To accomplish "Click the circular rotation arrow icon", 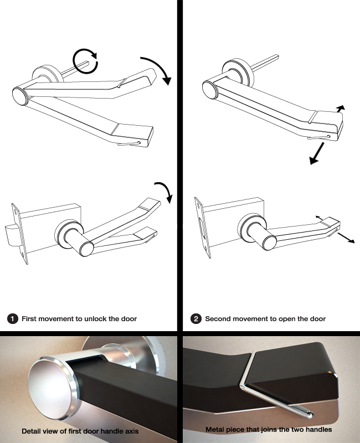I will (86, 60).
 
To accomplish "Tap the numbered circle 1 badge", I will (12, 319).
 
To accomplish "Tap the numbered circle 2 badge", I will (196, 319).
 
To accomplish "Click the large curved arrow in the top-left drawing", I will (157, 70).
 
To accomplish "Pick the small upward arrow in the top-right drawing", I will (340, 108).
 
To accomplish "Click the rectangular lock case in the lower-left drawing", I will (50, 221).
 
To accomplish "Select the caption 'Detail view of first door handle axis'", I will (80, 430).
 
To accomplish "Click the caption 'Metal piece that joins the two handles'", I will (269, 429).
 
